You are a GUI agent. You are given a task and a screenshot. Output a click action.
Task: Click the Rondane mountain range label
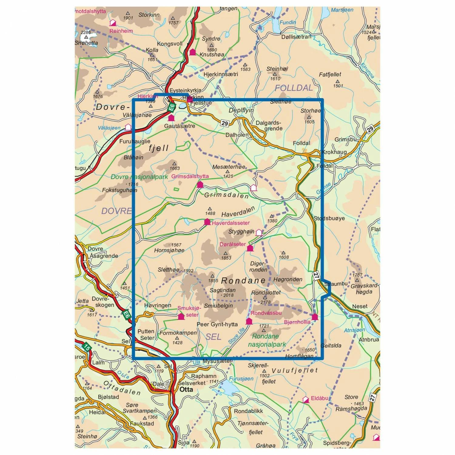coord(244,280)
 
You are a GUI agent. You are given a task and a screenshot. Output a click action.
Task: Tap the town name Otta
coord(186,389)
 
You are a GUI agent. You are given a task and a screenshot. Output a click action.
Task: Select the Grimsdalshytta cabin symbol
coord(200,184)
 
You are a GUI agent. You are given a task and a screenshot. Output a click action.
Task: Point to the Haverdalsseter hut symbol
coord(207,222)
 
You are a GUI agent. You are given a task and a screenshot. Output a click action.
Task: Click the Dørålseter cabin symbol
coord(250,248)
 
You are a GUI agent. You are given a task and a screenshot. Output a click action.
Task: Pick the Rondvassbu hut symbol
coord(249,321)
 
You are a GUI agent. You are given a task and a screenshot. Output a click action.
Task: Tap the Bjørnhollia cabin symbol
coord(315,317)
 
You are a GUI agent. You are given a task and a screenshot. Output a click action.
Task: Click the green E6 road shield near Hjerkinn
coord(172,107)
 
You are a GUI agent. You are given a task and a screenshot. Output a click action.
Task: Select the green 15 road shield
coord(87,347)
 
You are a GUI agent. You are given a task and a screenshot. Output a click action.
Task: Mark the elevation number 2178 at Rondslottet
coord(265,302)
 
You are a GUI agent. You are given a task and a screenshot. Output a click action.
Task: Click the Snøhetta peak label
coord(86,43)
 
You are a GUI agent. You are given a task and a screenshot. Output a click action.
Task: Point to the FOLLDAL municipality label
coord(293,88)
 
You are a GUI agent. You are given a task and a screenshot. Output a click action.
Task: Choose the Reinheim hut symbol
coord(113,23)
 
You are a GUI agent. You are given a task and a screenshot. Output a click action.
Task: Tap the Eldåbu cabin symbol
coord(306,400)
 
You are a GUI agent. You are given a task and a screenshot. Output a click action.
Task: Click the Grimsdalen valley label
coord(226,195)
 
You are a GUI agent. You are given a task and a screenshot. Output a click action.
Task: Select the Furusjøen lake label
coord(241,379)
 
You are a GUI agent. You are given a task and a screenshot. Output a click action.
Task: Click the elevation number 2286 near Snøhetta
coord(86,32)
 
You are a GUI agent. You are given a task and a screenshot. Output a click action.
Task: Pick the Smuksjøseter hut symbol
coord(181,317)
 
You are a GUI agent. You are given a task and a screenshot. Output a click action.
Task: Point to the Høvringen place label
coord(158,305)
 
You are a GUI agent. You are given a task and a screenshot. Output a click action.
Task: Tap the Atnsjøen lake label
coord(355,330)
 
